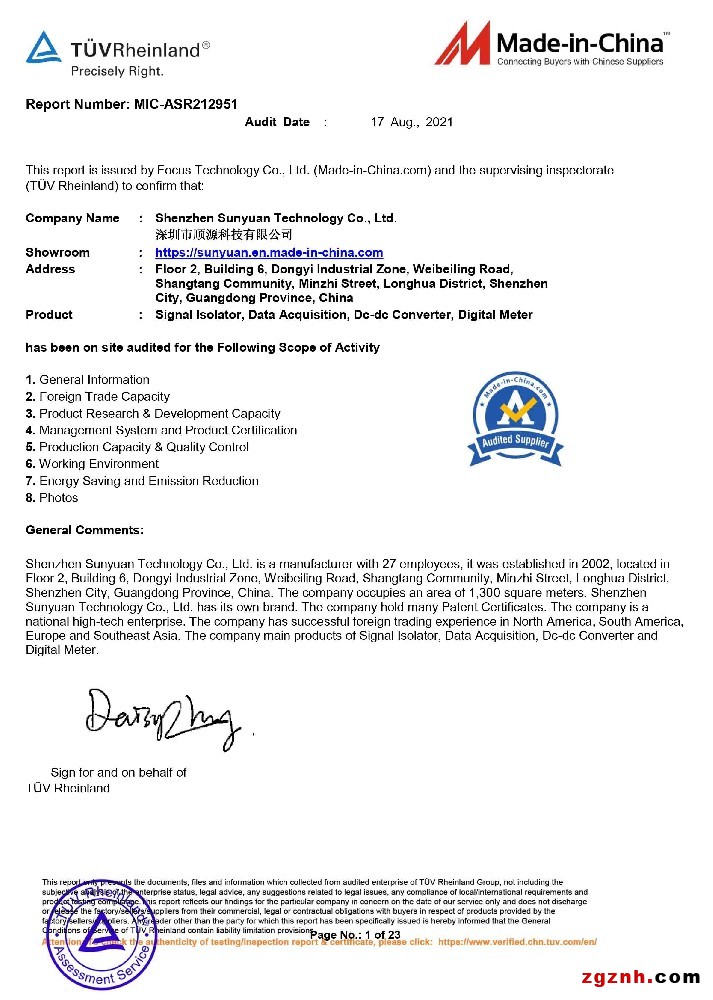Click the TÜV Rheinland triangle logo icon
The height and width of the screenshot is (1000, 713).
point(43,47)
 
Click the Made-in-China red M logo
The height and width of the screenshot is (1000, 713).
point(463,46)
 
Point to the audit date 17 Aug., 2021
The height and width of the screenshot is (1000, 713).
point(411,122)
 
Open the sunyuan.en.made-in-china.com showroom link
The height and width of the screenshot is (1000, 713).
point(269,253)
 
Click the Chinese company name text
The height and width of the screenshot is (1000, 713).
point(216,233)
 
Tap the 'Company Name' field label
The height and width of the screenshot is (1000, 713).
point(72,218)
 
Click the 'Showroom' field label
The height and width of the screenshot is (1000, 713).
point(57,253)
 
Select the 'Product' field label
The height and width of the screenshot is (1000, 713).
point(49,315)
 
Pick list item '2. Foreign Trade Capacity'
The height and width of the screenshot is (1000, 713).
point(98,397)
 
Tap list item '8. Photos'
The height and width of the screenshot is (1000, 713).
point(52,498)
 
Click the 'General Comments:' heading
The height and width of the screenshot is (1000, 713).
point(84,530)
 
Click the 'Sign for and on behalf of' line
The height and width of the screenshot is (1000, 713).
point(118,772)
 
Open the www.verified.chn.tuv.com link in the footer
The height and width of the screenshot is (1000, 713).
point(517,942)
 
